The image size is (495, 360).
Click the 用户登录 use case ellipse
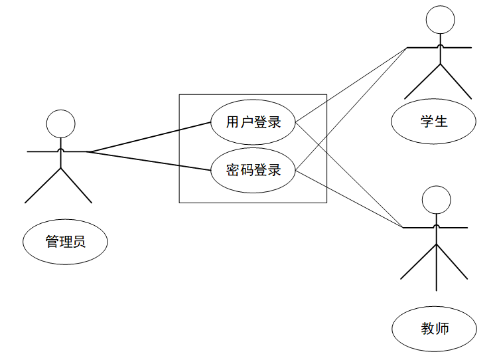(253, 122)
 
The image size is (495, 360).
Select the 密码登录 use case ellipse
(253, 171)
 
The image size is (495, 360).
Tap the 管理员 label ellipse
(65, 242)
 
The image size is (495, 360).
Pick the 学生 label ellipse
(433, 121)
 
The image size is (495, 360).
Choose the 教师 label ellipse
(435, 328)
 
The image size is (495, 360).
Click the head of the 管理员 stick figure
(60, 124)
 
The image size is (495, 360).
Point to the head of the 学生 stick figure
(440, 19)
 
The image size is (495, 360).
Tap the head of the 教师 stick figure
(436, 199)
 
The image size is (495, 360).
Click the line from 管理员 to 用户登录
(149, 137)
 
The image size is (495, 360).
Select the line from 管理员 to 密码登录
(149, 161)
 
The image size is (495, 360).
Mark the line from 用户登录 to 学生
(352, 85)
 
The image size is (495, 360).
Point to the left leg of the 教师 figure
(419, 261)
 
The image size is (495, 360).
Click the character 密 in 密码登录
(233, 171)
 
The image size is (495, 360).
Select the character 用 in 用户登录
(233, 122)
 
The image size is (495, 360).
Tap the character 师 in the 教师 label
(443, 328)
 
